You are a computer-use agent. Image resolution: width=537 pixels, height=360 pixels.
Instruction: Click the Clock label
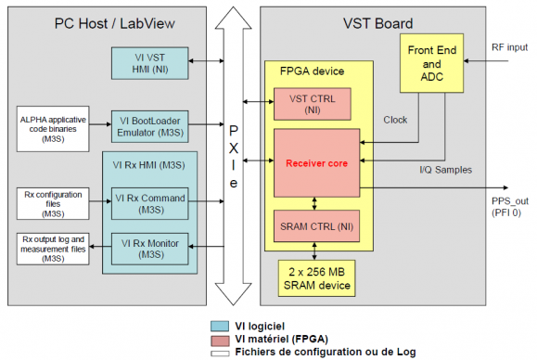pos(395,120)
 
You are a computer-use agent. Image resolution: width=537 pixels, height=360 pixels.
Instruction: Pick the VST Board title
pos(379,19)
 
